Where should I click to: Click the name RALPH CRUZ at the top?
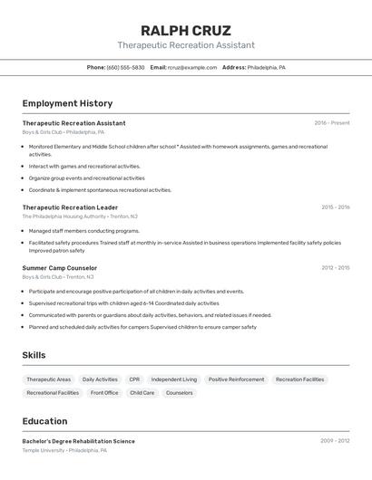pos(185,30)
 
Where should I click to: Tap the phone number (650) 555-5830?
pos(125,67)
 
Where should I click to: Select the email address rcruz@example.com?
pos(185,67)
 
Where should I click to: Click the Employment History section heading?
pos(67,103)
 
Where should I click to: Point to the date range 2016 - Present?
pos(331,122)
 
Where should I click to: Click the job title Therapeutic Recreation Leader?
pos(70,207)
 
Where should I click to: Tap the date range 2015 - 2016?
pos(335,206)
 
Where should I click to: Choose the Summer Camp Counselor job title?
pos(60,268)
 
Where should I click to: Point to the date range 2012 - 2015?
pos(335,267)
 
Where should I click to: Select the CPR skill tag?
pos(134,379)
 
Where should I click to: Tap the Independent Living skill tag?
pos(173,379)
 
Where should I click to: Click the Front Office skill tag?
pos(104,393)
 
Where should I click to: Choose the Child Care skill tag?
pos(142,393)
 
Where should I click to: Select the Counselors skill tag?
pos(180,393)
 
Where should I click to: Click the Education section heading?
pos(44,421)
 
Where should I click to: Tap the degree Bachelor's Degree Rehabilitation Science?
pos(78,441)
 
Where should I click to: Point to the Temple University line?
pos(64,450)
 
